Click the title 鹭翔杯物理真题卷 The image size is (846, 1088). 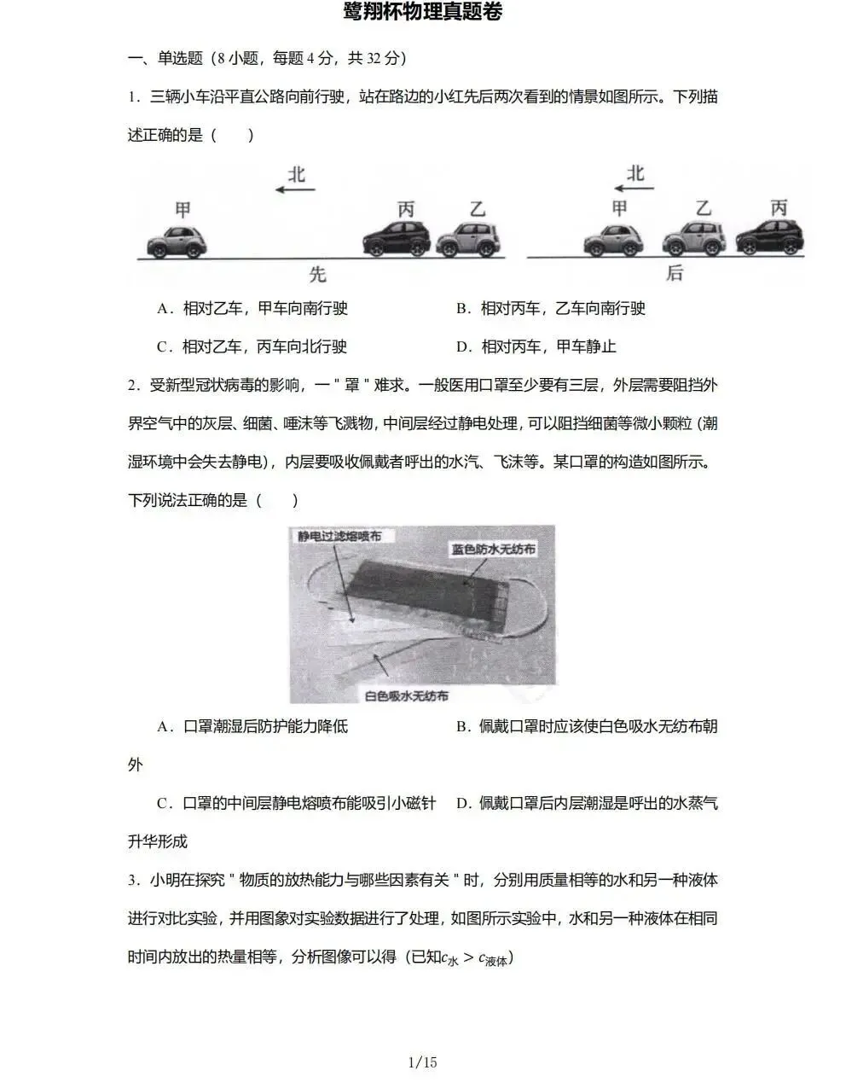(x=423, y=12)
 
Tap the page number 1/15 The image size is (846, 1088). (x=423, y=1062)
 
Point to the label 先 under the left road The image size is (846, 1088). (x=317, y=275)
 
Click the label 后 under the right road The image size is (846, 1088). (x=675, y=273)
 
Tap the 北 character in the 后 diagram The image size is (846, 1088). (x=635, y=173)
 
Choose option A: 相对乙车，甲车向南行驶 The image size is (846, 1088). (x=252, y=309)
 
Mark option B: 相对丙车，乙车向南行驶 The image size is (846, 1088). (x=551, y=309)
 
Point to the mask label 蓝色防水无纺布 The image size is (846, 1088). (x=493, y=550)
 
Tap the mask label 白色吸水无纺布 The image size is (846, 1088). (x=406, y=695)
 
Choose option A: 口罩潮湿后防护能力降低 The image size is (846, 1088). (x=252, y=727)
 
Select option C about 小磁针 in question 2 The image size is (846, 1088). (x=296, y=804)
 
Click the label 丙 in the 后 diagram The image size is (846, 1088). (x=778, y=208)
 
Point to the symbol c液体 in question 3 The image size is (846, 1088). (x=494, y=958)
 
